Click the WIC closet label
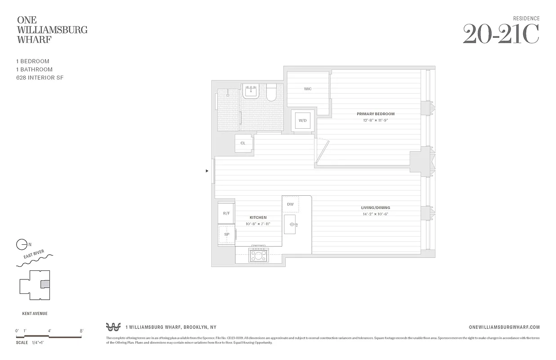pos(308,89)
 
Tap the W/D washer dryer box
pos(303,120)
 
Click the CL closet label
pos(243,143)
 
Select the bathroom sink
pos(250,92)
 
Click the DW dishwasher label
pos(290,204)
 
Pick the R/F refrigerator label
pos(226,213)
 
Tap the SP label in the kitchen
pos(227,234)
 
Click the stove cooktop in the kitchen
pos(258,256)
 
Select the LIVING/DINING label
pos(375,208)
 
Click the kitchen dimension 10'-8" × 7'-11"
pos(258,224)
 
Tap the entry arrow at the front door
pos(207,171)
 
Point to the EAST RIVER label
pos(37,257)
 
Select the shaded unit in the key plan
pos(45,284)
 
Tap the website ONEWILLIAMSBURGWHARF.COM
pos(504,328)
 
